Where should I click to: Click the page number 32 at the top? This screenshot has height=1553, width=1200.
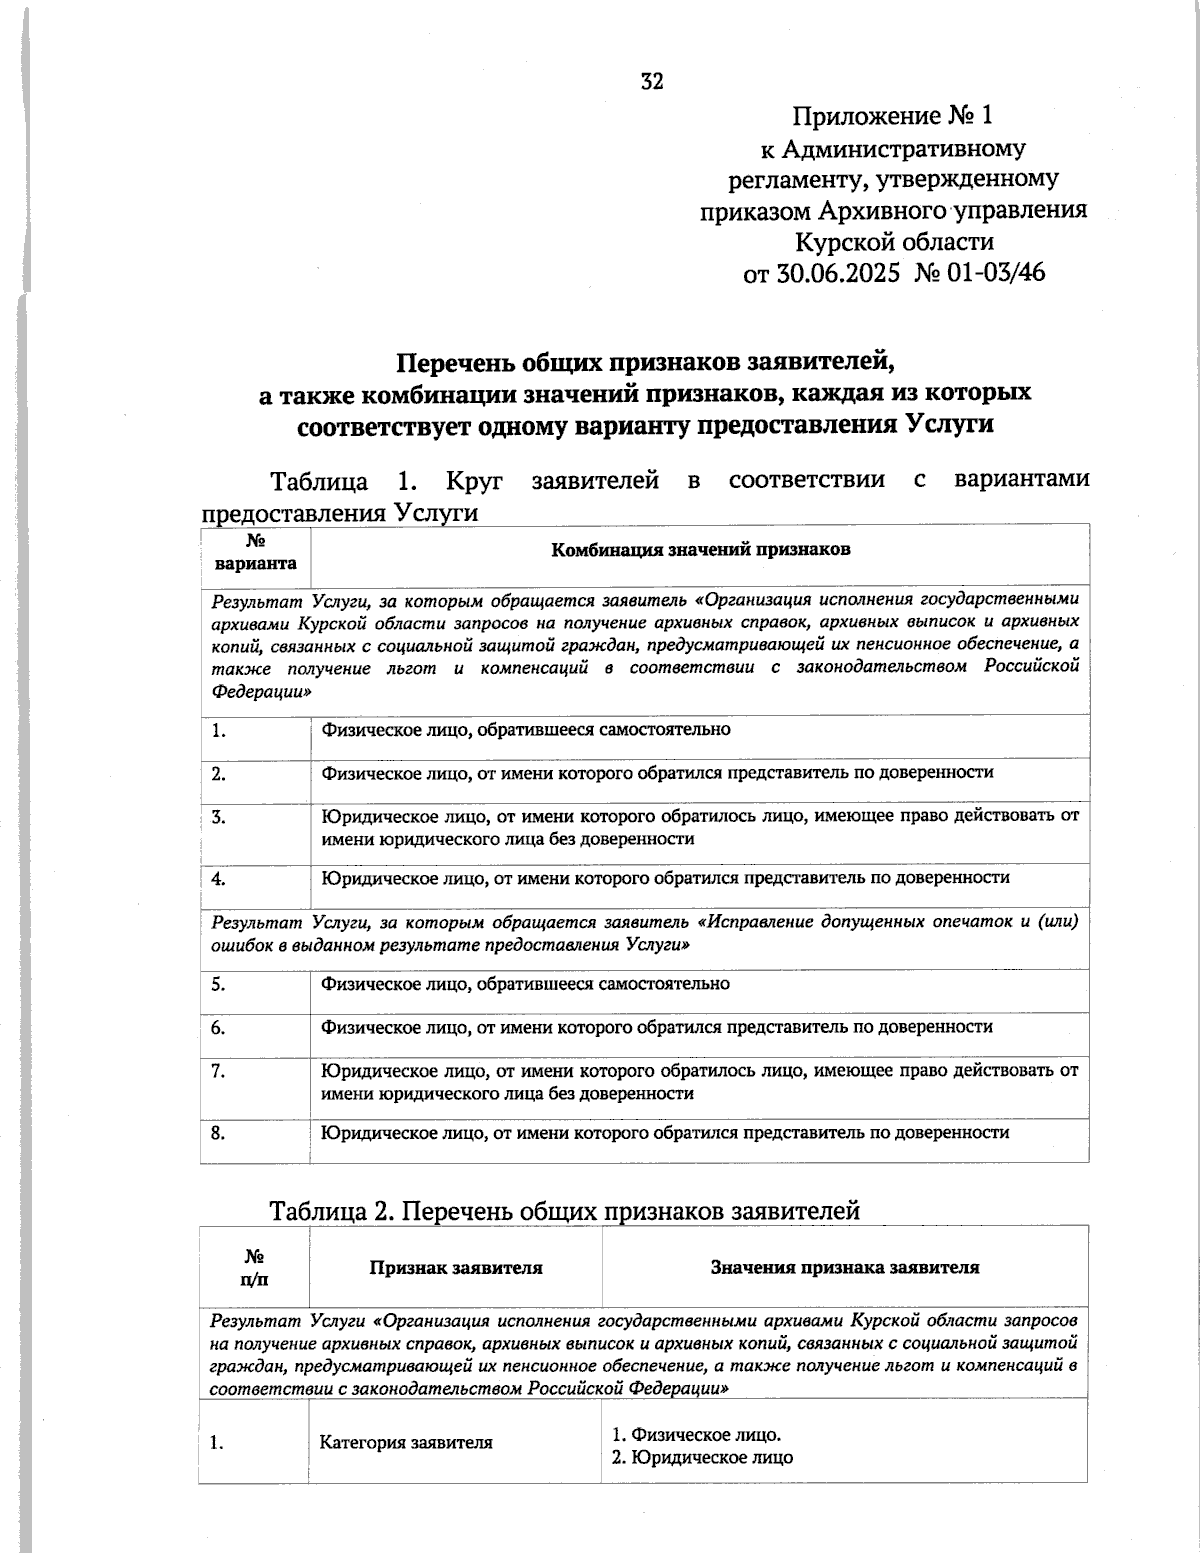point(651,82)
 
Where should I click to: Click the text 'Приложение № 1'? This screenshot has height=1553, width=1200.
point(893,116)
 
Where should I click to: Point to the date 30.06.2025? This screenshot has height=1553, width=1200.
point(837,272)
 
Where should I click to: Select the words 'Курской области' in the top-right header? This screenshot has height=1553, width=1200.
point(893,241)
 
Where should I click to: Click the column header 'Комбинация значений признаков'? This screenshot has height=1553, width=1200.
point(700,549)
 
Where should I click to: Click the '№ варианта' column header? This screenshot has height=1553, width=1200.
point(255,552)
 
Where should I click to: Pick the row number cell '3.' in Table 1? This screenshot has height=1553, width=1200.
point(219,817)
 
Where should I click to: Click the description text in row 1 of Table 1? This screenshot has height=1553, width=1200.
point(525,730)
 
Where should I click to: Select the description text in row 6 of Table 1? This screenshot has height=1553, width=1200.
point(656,1027)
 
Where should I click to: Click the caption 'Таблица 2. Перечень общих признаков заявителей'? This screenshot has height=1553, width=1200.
point(564,1211)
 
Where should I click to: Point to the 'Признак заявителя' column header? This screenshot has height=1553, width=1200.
point(456,1268)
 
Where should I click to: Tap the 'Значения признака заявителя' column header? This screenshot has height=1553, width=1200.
point(844,1268)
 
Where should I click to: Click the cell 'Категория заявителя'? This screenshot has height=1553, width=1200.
point(406,1443)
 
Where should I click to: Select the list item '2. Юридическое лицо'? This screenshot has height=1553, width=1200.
point(702,1457)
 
